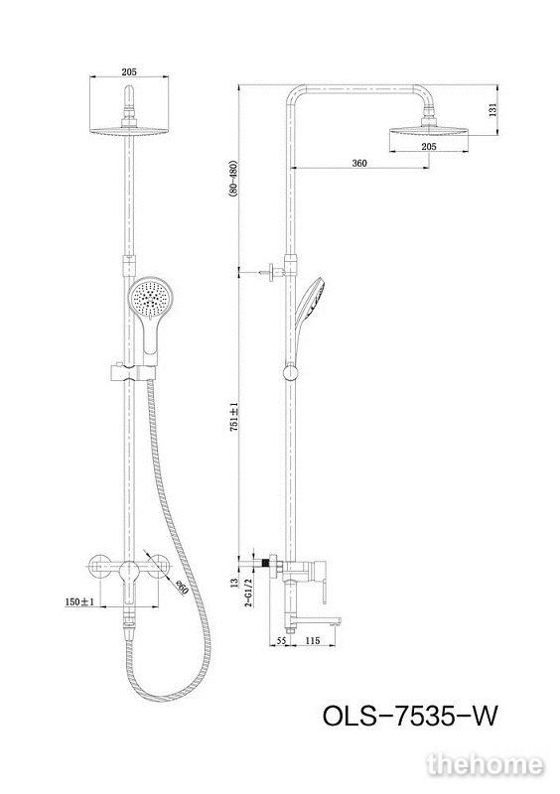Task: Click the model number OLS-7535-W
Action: coord(410,717)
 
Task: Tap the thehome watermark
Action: coord(485,765)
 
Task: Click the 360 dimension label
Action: coord(359,163)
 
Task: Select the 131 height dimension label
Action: coord(493,110)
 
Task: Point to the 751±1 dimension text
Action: coord(233,417)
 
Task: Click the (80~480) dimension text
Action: coord(233,183)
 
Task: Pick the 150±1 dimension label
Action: coord(79,601)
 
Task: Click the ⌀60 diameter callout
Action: coord(182,589)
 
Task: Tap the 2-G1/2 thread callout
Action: coord(249,593)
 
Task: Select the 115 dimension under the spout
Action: coord(313,640)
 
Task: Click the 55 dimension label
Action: coord(281,640)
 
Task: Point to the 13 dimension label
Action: coord(233,583)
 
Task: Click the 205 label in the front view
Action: coord(129,71)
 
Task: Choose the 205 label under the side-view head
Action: coord(429,147)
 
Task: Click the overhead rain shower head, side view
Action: coord(429,132)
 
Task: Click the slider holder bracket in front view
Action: coord(132,372)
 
